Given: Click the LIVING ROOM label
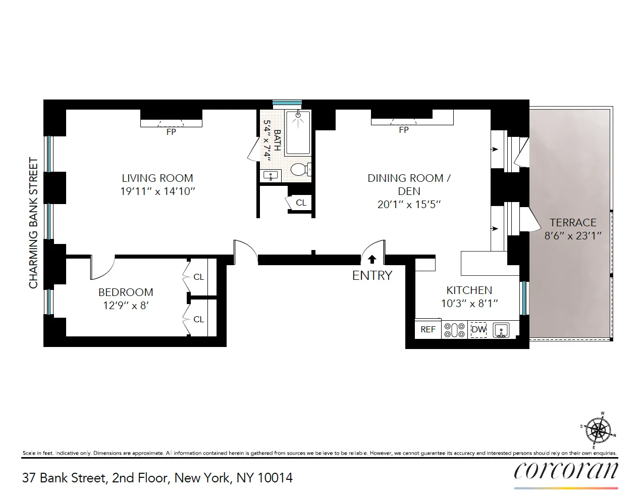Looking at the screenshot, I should pos(157,178).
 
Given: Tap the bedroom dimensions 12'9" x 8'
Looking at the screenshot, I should pos(126,306).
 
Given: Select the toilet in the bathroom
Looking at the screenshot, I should pos(300,169).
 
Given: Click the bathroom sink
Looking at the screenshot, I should pos(271,176).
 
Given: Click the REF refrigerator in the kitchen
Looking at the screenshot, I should pos(428,329).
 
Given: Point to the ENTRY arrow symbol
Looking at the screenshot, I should pos(372,259).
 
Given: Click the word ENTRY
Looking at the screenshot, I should pos(372,275).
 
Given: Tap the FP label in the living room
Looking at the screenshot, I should pos(171,132).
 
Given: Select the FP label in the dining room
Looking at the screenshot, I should pos(403,130).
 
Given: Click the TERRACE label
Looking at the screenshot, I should pos(573,222).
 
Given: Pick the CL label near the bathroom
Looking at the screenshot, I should pos(301,203).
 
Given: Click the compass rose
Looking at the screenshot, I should pos(599,431).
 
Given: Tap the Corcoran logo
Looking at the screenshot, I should pos(566,471).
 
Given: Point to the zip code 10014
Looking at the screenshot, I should pos(275,478).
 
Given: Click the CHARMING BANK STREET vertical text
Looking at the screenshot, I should pos(34,223).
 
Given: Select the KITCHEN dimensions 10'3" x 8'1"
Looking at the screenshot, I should pos(469,304).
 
